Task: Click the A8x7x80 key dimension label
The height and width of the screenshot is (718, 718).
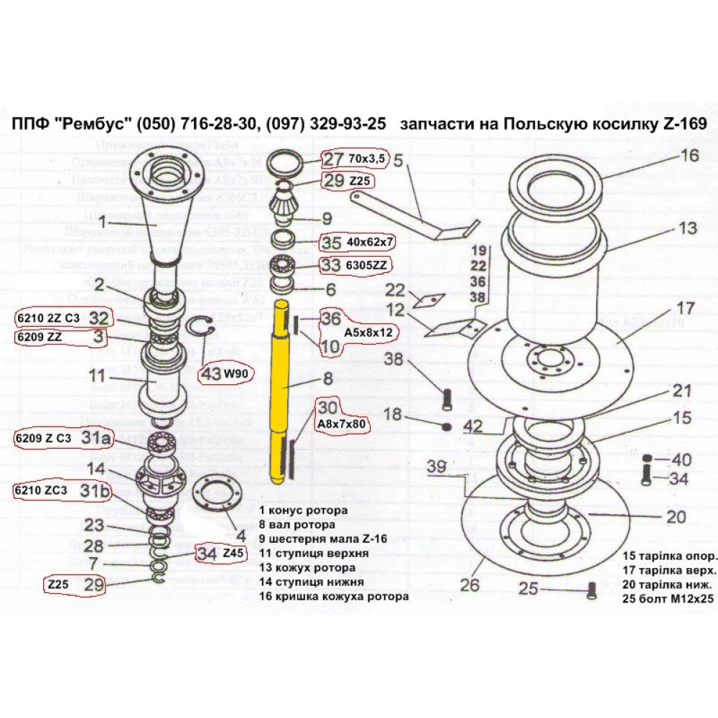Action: point(341,424)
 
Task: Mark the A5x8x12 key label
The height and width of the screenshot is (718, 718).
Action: point(369,333)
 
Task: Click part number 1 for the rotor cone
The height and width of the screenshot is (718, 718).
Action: point(102,220)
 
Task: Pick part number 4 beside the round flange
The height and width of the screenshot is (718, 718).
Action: point(241,535)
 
